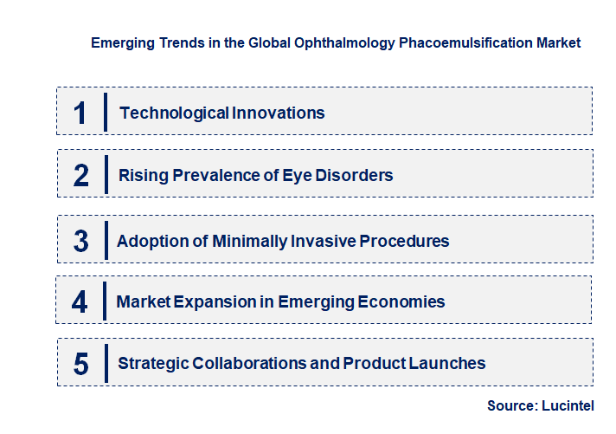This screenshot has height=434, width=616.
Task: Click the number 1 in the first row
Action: [80, 113]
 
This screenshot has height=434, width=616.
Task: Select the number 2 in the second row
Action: [81, 176]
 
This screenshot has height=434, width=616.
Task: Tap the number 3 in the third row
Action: [81, 241]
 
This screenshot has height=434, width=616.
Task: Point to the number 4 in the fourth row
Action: [80, 302]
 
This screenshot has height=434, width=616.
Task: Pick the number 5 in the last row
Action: [81, 364]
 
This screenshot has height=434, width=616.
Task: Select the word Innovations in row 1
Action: [279, 113]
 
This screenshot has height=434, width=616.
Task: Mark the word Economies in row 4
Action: [403, 302]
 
